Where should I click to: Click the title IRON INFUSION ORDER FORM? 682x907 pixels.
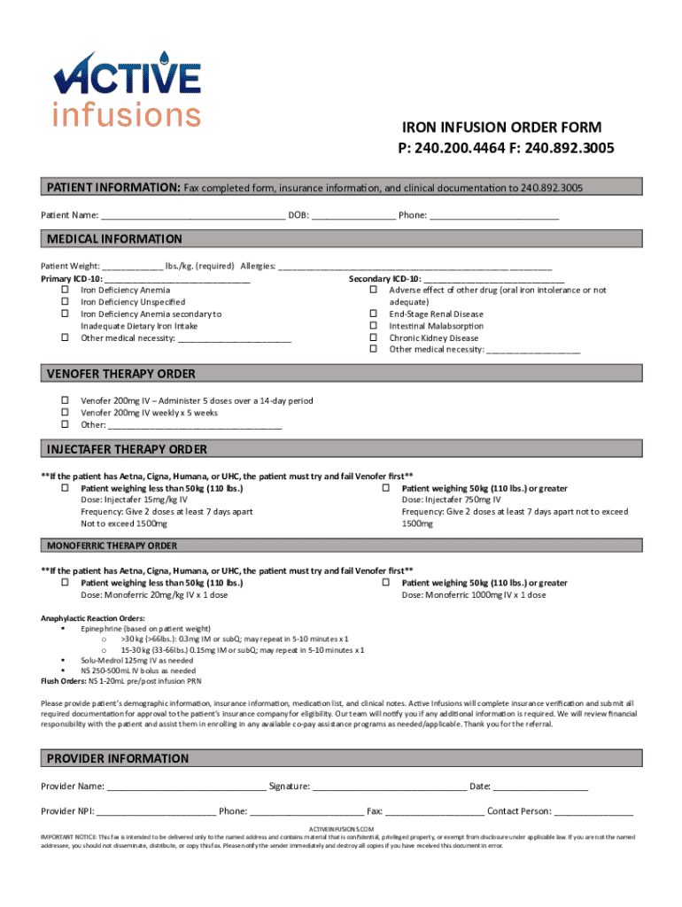[x=502, y=128]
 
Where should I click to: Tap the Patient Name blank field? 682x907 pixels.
[x=193, y=215]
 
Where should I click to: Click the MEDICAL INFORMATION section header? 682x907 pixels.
[x=114, y=239]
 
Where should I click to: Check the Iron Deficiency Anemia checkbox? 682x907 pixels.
[x=65, y=290]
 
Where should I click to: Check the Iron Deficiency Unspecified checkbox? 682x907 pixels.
[x=65, y=302]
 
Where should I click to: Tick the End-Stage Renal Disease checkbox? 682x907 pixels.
[x=373, y=314]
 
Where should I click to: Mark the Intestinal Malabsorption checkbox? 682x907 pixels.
[x=373, y=326]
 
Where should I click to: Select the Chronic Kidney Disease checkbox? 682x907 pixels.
[x=373, y=337]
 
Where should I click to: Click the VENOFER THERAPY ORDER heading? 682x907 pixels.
[x=120, y=374]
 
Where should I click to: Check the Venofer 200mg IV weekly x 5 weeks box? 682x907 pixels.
[x=65, y=413]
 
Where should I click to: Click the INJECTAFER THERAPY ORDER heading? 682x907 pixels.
[x=127, y=449]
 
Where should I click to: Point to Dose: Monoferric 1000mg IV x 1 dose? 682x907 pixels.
[x=474, y=595]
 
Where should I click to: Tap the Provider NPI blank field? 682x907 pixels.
[x=156, y=810]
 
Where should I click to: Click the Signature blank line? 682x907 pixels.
[x=389, y=786]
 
